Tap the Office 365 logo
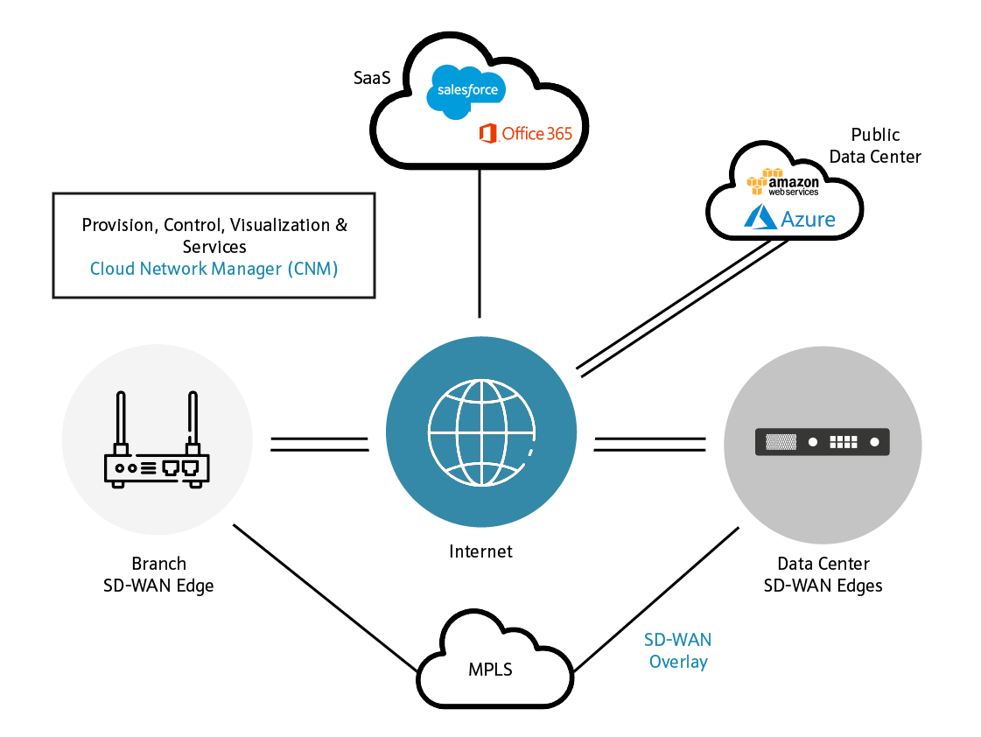(x=525, y=134)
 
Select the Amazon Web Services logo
(x=783, y=182)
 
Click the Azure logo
(x=790, y=219)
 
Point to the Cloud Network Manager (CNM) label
(x=214, y=268)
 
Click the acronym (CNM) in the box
(x=312, y=268)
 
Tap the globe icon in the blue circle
(x=480, y=432)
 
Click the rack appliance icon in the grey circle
(x=822, y=442)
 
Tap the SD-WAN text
(x=677, y=640)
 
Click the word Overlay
(x=677, y=662)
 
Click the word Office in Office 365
(x=523, y=134)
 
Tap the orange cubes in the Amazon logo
(x=756, y=182)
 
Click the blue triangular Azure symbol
(x=760, y=218)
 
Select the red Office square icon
(x=488, y=134)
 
